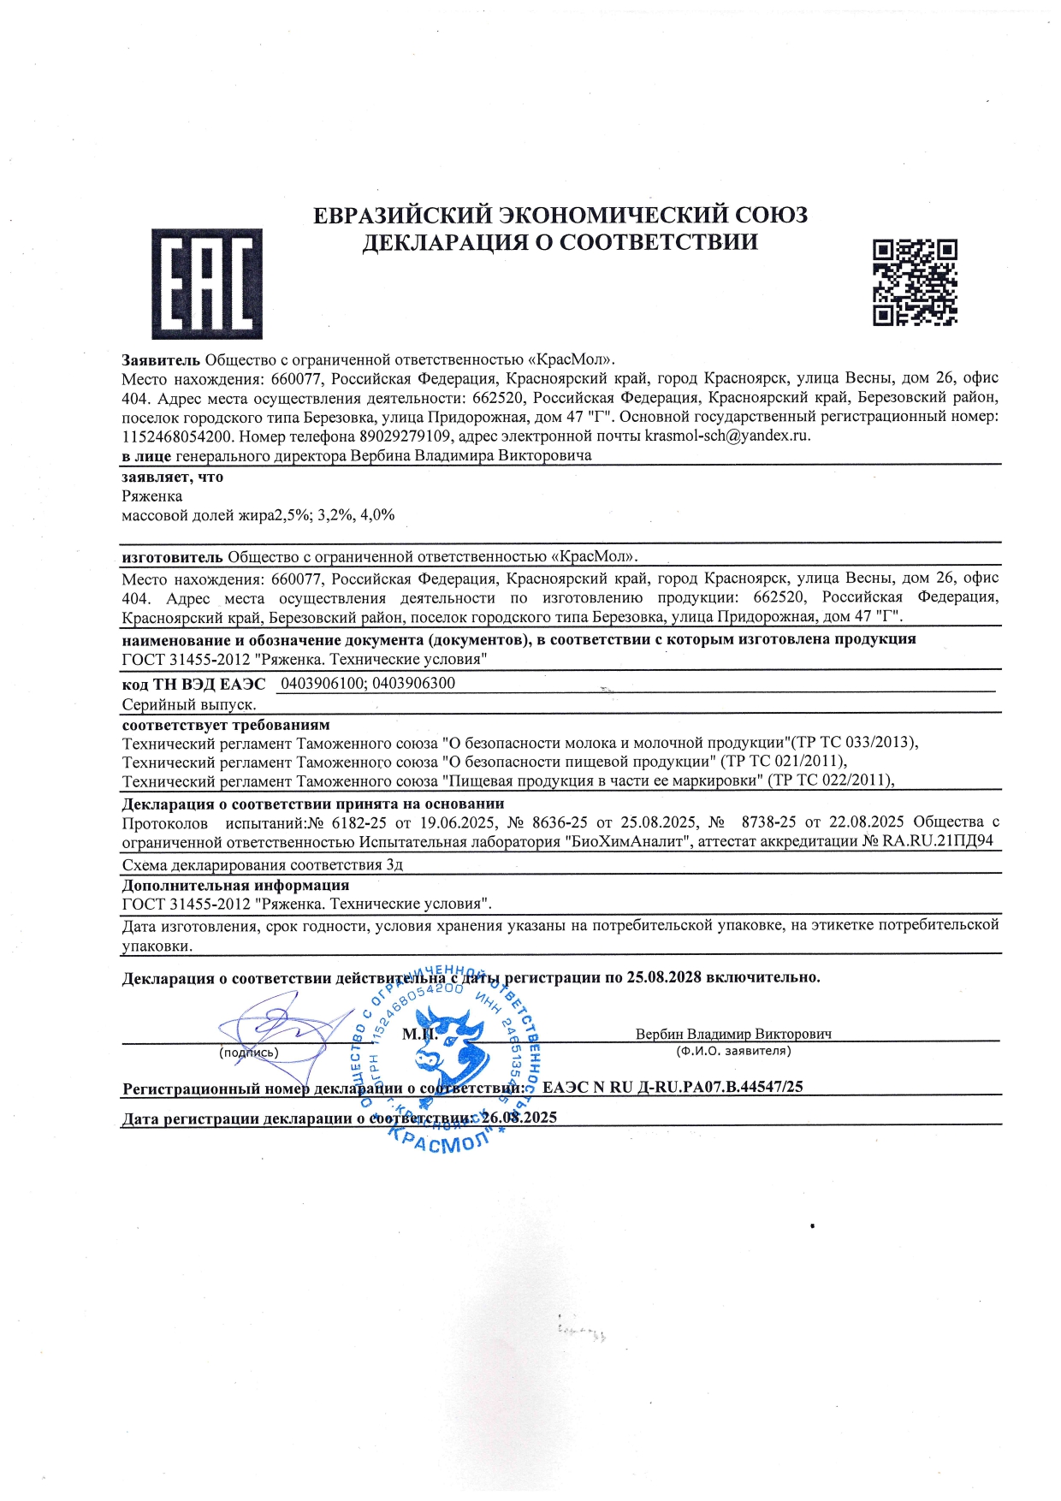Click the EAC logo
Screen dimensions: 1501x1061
point(207,283)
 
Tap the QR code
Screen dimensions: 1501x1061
point(915,282)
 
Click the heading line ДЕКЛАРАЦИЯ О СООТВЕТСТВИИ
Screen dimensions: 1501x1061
point(560,242)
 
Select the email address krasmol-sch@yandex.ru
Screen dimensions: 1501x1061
point(726,436)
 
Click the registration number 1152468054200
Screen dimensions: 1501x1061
point(177,436)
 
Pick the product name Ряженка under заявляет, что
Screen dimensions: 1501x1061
point(151,496)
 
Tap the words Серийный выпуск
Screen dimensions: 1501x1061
point(189,704)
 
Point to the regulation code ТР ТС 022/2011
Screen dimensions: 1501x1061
point(831,780)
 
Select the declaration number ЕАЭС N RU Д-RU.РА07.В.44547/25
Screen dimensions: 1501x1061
point(673,1087)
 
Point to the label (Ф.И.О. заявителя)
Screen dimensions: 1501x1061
point(733,1051)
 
